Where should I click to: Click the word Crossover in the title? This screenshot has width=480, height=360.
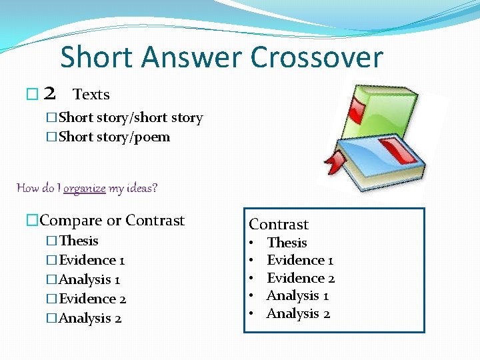pos(317,57)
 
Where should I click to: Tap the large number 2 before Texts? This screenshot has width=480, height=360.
pos(49,95)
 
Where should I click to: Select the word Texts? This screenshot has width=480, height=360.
pos(91,95)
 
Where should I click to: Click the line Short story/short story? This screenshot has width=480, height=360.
pos(131,118)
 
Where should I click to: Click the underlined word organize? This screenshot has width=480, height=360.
pos(85,188)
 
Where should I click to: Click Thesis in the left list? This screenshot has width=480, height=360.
pos(79,241)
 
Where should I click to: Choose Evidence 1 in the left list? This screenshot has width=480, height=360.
pos(92,260)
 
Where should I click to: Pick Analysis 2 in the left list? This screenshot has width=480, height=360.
pos(90,318)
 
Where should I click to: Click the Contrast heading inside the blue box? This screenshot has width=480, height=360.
pos(279,225)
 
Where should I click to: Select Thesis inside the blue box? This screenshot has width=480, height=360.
pos(287,243)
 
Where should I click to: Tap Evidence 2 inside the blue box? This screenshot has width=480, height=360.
pos(301,278)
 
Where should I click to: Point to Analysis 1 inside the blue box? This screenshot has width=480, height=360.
pos(298,295)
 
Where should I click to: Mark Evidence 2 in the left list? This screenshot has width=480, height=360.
pos(93,299)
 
